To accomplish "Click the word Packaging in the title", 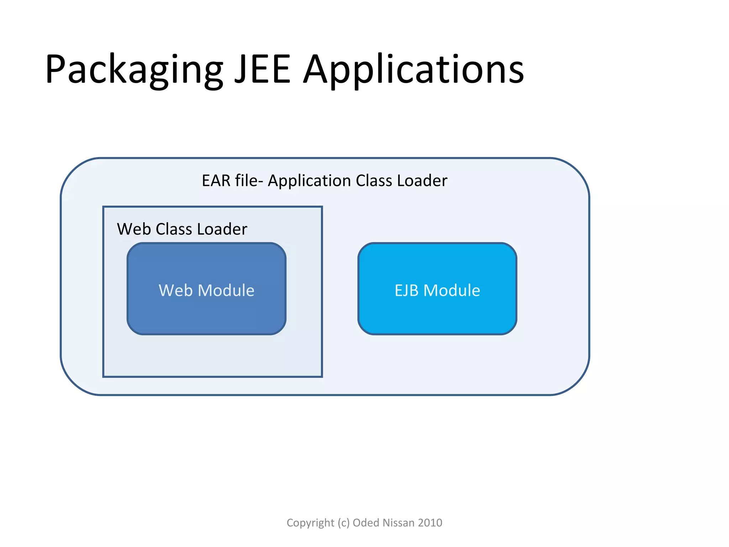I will click(x=133, y=70).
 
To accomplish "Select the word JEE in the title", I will click(x=263, y=70).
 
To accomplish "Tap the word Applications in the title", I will click(x=414, y=70).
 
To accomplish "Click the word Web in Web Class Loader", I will click(x=134, y=229).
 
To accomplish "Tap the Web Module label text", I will click(x=206, y=290).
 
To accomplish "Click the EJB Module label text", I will click(x=437, y=290).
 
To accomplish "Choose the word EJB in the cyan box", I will click(x=406, y=290).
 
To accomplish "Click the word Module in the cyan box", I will click(x=452, y=290).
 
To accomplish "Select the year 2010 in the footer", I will click(x=430, y=522).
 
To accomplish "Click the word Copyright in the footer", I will click(x=310, y=523).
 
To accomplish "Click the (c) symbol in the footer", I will click(x=343, y=523).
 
